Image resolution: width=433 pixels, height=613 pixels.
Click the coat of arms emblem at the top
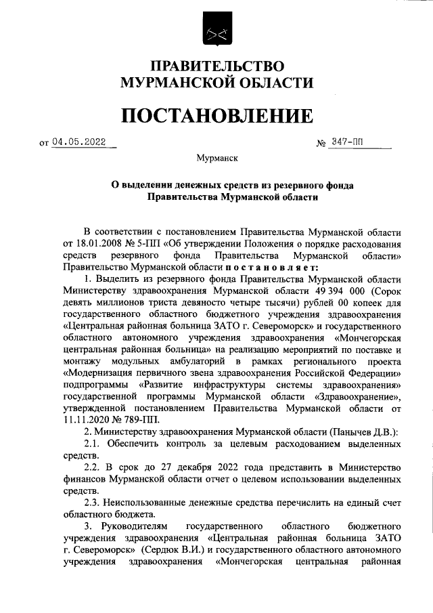(216, 30)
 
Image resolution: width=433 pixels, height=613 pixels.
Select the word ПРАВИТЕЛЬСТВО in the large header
(216, 66)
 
